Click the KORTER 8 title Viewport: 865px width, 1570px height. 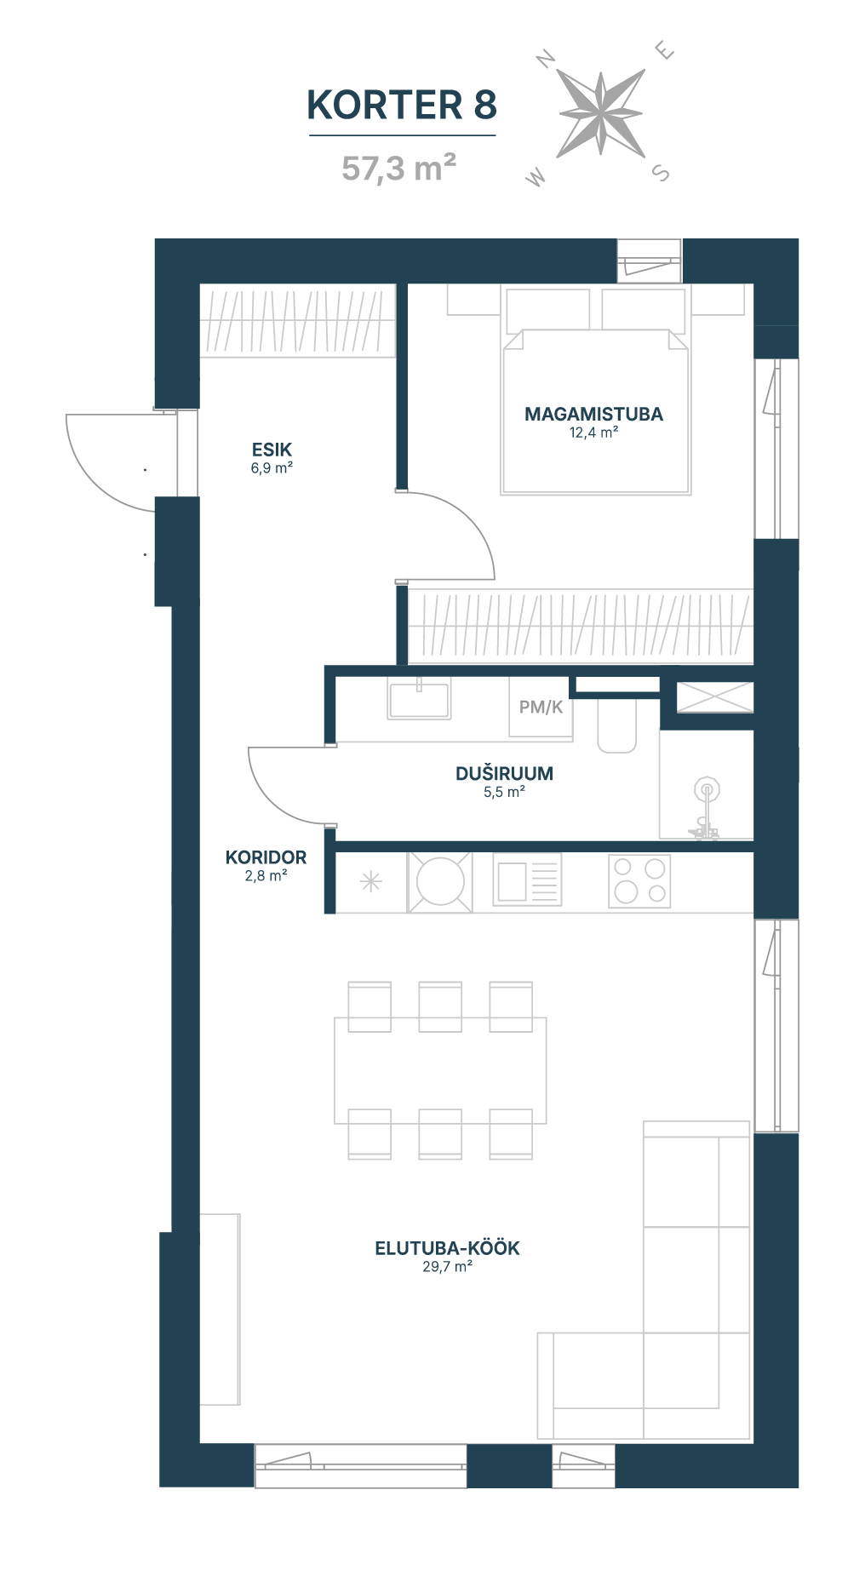pyautogui.click(x=401, y=105)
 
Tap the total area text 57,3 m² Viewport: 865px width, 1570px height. pyautogui.click(x=398, y=168)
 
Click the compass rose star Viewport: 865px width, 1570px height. pyautogui.click(x=600, y=114)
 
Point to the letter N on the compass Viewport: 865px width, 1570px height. pyautogui.click(x=546, y=59)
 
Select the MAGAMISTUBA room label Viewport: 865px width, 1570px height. pyautogui.click(x=593, y=414)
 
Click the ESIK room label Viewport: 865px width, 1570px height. pyautogui.click(x=272, y=450)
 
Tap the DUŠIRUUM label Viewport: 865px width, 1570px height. pyautogui.click(x=504, y=773)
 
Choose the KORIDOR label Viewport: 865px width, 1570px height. pyautogui.click(x=266, y=857)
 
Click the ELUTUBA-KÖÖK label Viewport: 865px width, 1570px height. pyautogui.click(x=447, y=1248)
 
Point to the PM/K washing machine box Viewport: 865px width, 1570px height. pyautogui.click(x=541, y=707)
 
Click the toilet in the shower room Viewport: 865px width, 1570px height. pyautogui.click(x=617, y=724)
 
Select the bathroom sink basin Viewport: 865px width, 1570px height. pyautogui.click(x=419, y=698)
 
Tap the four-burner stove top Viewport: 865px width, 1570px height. pyautogui.click(x=639, y=881)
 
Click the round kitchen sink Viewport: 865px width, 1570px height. pyautogui.click(x=440, y=881)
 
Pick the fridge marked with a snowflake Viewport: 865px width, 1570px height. pyautogui.click(x=370, y=882)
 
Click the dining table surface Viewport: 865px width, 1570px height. pyautogui.click(x=440, y=1070)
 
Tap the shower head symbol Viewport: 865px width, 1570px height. pyautogui.click(x=707, y=789)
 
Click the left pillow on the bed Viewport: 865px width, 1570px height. pyautogui.click(x=547, y=310)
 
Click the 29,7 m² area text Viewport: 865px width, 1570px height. pyautogui.click(x=447, y=1267)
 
